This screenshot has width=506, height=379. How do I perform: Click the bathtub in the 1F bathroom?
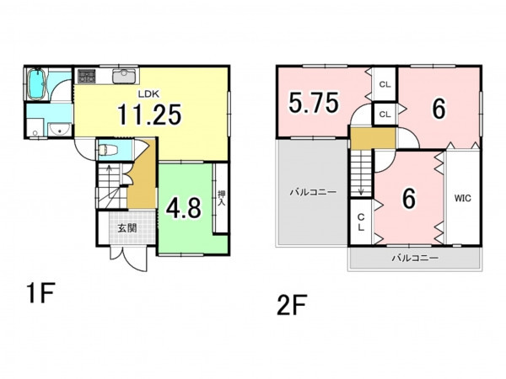pyautogui.click(x=37, y=83)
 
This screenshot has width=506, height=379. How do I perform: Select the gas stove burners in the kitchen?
pyautogui.click(x=87, y=77)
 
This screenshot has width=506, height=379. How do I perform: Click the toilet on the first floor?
pyautogui.click(x=107, y=150)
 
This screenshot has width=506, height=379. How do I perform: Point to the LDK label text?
pyautogui.click(x=148, y=94)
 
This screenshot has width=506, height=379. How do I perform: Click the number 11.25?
pyautogui.click(x=149, y=115)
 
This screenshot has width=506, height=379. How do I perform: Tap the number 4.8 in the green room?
pyautogui.click(x=184, y=208)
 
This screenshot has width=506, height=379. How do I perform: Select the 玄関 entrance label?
pyautogui.click(x=126, y=228)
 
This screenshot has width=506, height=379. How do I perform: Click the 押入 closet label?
pyautogui.click(x=221, y=199)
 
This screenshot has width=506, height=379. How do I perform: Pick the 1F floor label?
pyautogui.click(x=41, y=292)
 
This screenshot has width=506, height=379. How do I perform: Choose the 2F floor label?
pyautogui.click(x=292, y=305)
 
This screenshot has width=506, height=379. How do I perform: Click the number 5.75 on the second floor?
pyautogui.click(x=314, y=103)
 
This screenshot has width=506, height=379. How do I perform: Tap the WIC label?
pyautogui.click(x=463, y=198)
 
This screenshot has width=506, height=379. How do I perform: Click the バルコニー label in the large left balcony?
pyautogui.click(x=313, y=192)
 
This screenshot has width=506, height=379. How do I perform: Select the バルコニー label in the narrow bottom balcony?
pyautogui.click(x=415, y=258)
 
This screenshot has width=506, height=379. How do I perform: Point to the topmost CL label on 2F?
pyautogui.click(x=385, y=85)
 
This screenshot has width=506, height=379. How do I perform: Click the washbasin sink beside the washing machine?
pyautogui.click(x=60, y=130)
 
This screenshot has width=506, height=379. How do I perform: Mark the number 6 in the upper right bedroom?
pyautogui.click(x=439, y=109)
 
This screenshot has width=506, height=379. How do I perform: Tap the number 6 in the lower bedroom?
pyautogui.click(x=408, y=199)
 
